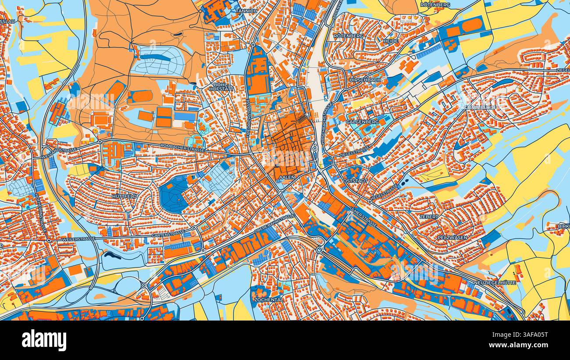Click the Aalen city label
(287, 177)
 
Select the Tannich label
(246, 11)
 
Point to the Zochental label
(268, 300)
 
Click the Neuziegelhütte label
(495, 283)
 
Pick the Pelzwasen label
(452, 237)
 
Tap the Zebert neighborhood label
(428, 217)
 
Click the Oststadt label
(356, 181)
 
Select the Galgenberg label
(362, 121)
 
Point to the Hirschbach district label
(365, 80)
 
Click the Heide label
(391, 41)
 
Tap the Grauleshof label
(481, 107)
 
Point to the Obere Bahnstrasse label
(274, 224)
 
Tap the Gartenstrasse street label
(168, 235)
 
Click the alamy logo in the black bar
(44, 340)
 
